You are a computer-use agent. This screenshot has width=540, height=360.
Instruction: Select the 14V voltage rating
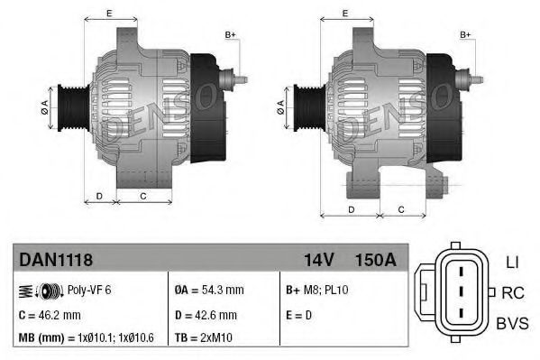click(x=319, y=260)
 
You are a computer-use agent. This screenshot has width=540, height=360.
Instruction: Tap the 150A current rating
click(x=375, y=260)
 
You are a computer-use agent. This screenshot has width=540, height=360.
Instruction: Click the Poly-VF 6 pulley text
click(x=90, y=291)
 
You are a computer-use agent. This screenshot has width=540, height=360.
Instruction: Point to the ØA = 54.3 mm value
click(x=209, y=291)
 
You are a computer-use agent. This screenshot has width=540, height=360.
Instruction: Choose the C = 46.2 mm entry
click(x=50, y=315)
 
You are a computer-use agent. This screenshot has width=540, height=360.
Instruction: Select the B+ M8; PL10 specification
click(x=316, y=291)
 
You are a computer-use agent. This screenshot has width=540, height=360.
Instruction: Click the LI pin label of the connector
click(x=510, y=262)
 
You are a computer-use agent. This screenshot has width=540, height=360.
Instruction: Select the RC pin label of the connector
click(x=511, y=292)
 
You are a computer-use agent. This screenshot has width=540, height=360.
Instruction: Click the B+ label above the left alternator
click(x=230, y=34)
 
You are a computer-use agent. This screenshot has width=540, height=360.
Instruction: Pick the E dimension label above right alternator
click(x=346, y=13)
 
